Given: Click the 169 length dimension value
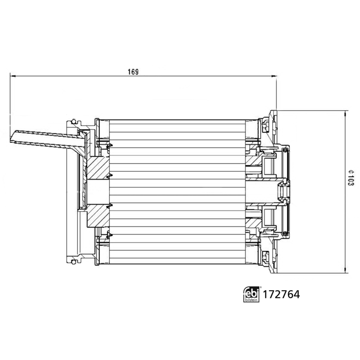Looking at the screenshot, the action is [133, 72].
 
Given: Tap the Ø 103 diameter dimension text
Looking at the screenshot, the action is [351, 178].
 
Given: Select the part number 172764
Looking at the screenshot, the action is [281, 294].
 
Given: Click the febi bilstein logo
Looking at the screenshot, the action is [251, 294].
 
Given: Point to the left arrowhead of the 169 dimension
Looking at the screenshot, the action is [13, 76].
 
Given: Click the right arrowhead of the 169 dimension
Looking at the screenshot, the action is [274, 76].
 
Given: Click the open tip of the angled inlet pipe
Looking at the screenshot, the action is [12, 137].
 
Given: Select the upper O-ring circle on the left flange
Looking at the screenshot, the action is [73, 121].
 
